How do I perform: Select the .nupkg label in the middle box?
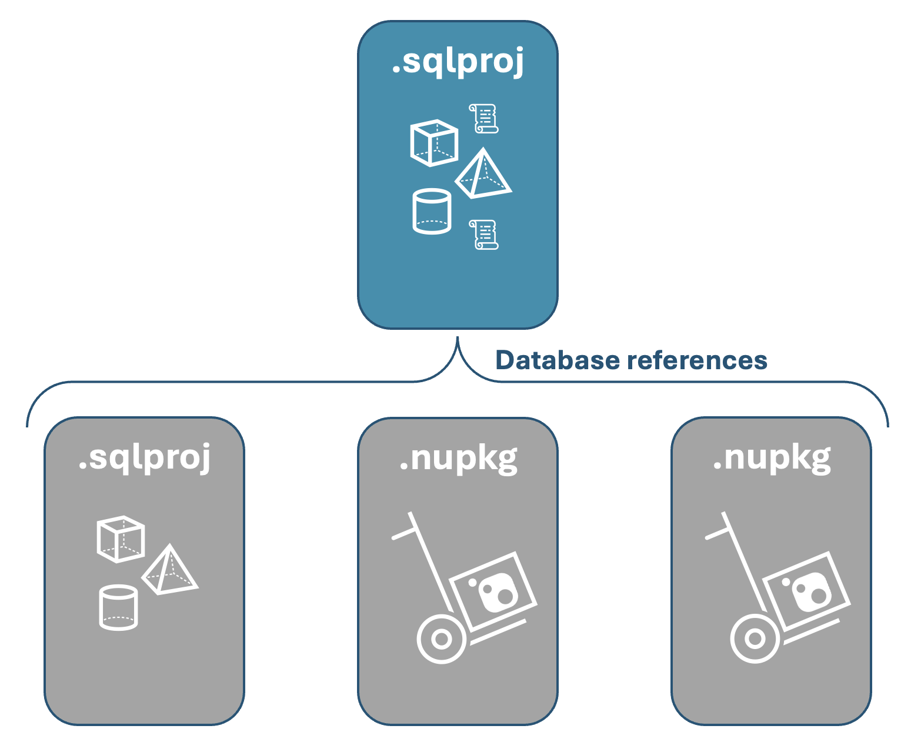pos(458,459)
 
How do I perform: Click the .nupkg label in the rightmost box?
pos(772,459)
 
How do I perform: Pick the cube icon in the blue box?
pos(434,143)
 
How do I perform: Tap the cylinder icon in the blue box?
pos(432,212)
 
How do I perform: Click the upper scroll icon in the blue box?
pos(483,118)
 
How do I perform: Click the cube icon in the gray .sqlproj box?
pos(121,539)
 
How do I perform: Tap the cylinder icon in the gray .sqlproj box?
pos(118,608)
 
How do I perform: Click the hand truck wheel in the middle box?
pos(442,639)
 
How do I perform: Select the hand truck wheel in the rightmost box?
pos(755,639)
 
